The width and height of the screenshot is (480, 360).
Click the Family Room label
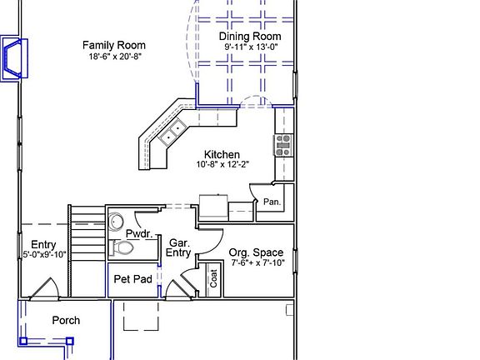(x=114, y=46)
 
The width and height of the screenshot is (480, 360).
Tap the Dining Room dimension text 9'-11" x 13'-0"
(x=250, y=48)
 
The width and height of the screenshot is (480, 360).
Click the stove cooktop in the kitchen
(x=283, y=146)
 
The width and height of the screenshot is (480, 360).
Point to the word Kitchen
(x=222, y=155)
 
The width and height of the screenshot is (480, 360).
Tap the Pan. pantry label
(x=272, y=202)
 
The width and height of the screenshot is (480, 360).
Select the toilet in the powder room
(x=122, y=248)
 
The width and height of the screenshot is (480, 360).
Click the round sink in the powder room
(x=115, y=221)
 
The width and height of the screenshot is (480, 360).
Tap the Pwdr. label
(x=138, y=235)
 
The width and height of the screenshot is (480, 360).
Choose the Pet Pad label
(x=132, y=279)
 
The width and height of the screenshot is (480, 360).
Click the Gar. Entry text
(x=177, y=247)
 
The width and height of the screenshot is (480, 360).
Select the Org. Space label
(x=255, y=252)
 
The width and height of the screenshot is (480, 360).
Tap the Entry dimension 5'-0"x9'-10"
(x=43, y=255)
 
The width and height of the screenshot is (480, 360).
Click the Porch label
(x=67, y=320)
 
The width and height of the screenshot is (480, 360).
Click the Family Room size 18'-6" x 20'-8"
(x=114, y=57)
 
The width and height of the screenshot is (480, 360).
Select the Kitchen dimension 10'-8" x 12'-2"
(x=222, y=165)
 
